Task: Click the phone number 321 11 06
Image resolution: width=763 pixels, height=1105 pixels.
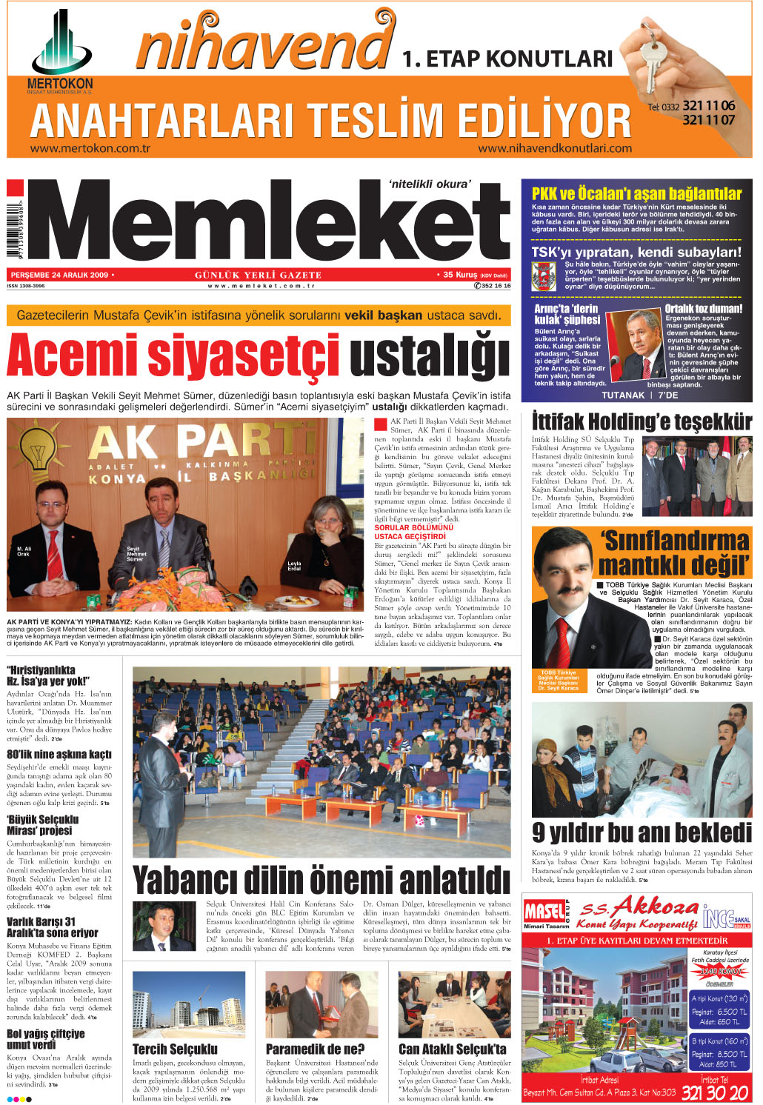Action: (708, 106)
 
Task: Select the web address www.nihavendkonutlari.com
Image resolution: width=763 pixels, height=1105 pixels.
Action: (555, 148)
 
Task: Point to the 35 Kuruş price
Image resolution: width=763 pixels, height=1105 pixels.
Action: (460, 275)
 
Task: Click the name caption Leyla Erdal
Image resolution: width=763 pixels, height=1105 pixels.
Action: (294, 566)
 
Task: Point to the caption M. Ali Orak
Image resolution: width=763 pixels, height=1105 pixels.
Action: (23, 551)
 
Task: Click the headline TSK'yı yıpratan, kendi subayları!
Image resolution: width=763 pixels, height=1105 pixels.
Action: (636, 252)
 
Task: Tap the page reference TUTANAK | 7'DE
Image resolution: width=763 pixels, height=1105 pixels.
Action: (639, 395)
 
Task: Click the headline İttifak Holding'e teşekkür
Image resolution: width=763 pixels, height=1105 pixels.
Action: (642, 422)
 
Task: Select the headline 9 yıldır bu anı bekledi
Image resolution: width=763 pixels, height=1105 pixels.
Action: (642, 833)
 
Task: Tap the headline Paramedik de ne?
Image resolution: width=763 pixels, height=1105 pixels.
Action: (315, 1049)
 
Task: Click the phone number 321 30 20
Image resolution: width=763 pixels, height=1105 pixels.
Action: (715, 1092)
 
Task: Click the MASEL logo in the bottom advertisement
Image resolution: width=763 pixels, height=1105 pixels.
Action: (544, 911)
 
